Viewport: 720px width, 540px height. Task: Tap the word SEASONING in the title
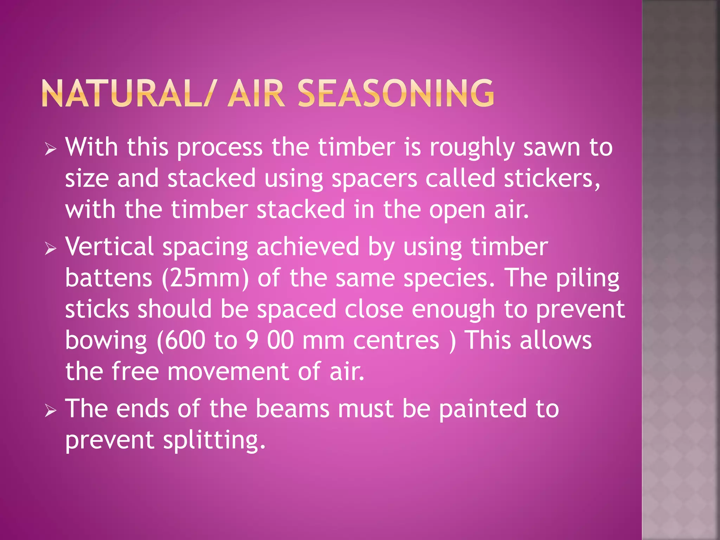(x=396, y=94)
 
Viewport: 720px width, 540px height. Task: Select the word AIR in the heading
(x=256, y=94)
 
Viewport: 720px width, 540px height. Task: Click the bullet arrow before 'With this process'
(x=51, y=149)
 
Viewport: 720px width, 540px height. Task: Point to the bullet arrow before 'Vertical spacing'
(x=51, y=249)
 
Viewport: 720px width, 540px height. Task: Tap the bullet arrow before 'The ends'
(x=51, y=410)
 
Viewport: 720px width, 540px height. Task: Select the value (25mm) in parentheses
(x=205, y=278)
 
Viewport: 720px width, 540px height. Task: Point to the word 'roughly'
(x=472, y=148)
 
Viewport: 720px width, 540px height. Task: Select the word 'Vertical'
(x=109, y=246)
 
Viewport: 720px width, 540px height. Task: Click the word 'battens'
(x=109, y=278)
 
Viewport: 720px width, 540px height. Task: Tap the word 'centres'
(x=396, y=340)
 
